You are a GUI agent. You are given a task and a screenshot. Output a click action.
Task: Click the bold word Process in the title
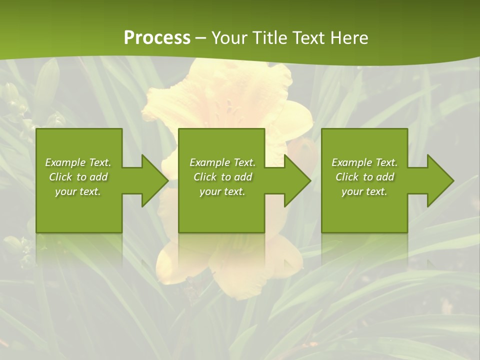tap(157, 38)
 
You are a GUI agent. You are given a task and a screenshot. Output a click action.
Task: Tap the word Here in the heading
tap(349, 38)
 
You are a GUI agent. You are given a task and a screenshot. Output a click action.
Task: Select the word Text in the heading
tap(308, 38)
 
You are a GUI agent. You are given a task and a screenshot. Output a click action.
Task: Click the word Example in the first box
tap(65, 162)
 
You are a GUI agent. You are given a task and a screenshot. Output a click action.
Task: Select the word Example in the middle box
tap(210, 162)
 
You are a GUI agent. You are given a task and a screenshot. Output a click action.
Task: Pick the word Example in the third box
tap(352, 162)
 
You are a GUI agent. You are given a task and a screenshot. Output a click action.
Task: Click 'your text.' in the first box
tap(78, 191)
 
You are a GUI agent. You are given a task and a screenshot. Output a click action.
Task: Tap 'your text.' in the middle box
tap(222, 191)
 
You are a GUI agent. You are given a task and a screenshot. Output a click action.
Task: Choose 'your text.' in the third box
tap(364, 191)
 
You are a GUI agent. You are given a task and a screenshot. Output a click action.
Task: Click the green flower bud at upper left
tap(46, 82)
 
